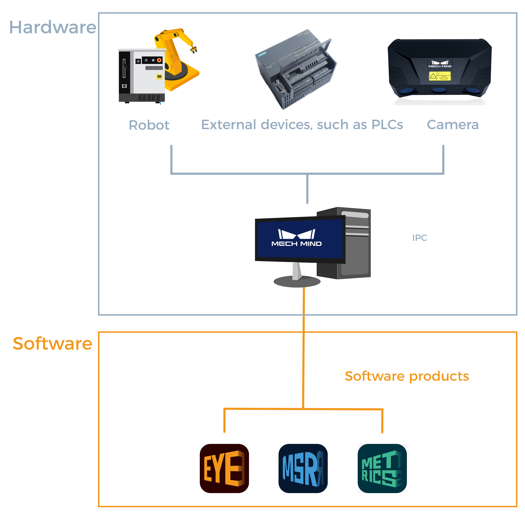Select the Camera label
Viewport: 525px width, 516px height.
pyautogui.click(x=453, y=125)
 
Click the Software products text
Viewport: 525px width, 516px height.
pyautogui.click(x=407, y=376)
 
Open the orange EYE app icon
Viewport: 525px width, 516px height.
pyautogui.click(x=224, y=468)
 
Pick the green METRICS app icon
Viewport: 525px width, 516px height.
pyautogui.click(x=382, y=468)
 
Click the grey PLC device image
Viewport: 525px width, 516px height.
pyautogui.click(x=296, y=70)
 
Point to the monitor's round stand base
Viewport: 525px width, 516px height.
pyautogui.click(x=297, y=282)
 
